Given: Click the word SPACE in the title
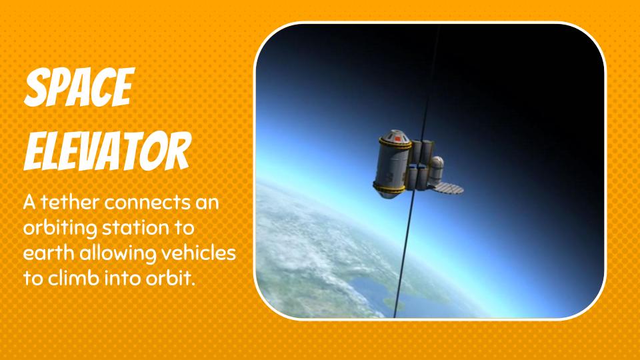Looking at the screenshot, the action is (x=79, y=87).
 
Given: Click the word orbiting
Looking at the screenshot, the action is (x=60, y=229).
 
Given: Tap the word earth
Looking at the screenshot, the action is (x=49, y=253).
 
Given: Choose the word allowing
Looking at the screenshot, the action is (x=117, y=254).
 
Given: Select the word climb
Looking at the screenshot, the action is (x=73, y=279).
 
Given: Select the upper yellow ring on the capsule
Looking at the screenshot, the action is (x=394, y=144).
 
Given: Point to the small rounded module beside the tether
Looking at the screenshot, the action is (x=436, y=170).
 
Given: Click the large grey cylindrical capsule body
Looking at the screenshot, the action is (x=391, y=166).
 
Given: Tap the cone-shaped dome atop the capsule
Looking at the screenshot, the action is (x=395, y=136).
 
